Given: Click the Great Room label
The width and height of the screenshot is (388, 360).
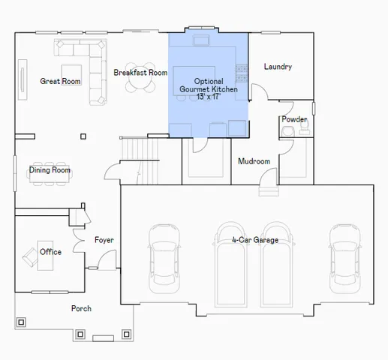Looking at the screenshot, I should click(x=60, y=81).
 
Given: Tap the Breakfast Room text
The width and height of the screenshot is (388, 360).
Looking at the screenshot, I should click(x=140, y=73).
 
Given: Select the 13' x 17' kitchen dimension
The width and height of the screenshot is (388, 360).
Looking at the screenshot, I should click(x=208, y=97).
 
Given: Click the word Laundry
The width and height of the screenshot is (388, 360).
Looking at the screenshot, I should click(x=278, y=67).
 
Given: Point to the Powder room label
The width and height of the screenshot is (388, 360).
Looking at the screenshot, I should click(x=294, y=119).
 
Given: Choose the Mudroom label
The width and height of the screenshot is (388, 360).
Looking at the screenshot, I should click(x=254, y=161).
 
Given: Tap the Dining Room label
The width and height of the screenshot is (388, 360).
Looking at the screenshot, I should click(x=50, y=170).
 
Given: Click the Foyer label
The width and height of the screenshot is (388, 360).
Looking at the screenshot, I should click(x=104, y=240).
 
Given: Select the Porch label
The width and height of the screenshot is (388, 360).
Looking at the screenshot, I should click(x=81, y=308).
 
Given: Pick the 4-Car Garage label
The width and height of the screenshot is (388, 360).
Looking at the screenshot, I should click(x=255, y=240).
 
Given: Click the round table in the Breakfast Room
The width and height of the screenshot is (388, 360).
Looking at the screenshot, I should click(x=140, y=81).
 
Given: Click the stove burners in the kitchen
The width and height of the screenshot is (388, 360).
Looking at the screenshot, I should click(x=242, y=73).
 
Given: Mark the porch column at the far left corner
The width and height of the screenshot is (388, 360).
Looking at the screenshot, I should click(x=21, y=322).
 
